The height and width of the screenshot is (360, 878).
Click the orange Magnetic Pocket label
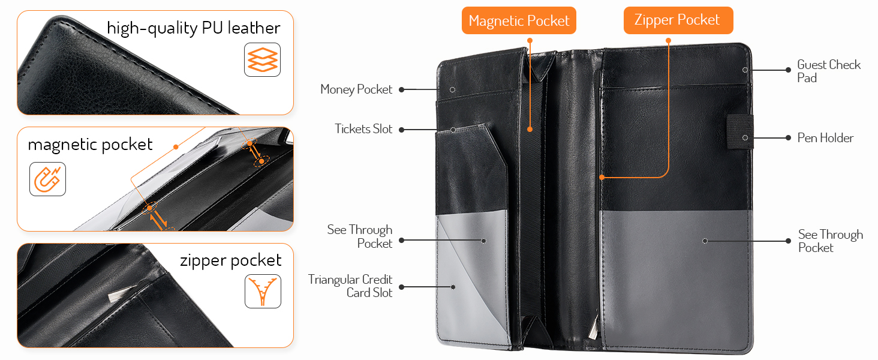(x=519, y=21)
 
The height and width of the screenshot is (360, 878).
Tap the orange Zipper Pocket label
(x=678, y=20)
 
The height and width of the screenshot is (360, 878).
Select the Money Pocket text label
(x=356, y=89)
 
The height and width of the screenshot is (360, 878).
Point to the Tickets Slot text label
(x=363, y=129)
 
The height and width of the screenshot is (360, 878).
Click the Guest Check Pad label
(x=828, y=71)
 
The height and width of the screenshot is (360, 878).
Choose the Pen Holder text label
(x=825, y=138)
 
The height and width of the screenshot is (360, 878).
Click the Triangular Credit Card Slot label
(x=350, y=286)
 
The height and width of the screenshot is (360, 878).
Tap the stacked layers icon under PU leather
(x=262, y=59)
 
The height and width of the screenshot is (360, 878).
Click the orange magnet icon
(x=47, y=179)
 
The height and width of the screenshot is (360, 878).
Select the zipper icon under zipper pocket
(x=263, y=291)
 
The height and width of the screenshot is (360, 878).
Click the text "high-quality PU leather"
(x=193, y=28)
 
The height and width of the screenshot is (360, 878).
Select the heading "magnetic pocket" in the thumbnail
(x=90, y=145)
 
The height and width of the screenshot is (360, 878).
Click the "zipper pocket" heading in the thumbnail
(x=230, y=260)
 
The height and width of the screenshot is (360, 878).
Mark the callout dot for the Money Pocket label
(x=452, y=89)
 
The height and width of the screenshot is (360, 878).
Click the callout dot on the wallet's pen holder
(x=744, y=137)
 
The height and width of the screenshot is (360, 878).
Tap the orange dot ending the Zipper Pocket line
(x=602, y=178)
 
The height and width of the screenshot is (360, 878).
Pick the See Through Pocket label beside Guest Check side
(x=830, y=241)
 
